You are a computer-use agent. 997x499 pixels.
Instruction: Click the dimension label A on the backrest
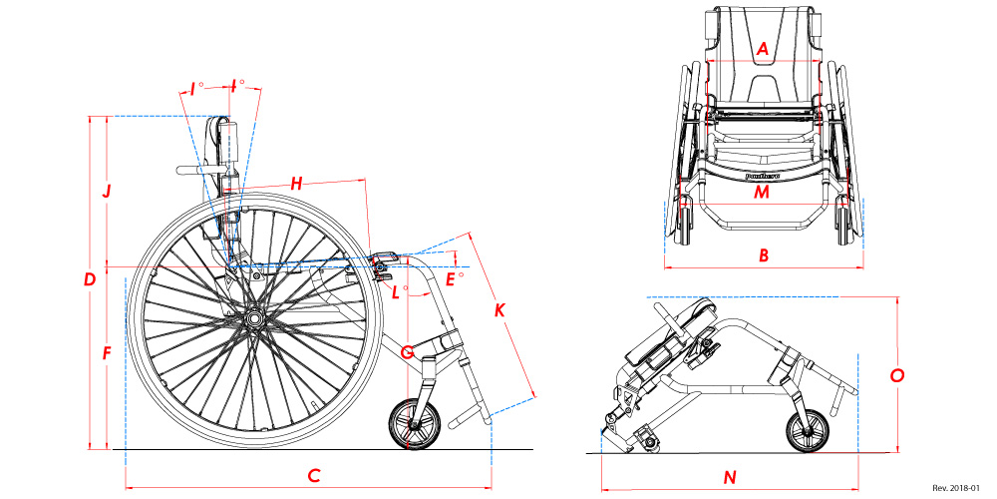763,48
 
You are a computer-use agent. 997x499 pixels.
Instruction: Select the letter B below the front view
764,255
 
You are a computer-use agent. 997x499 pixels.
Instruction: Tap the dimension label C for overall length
313,476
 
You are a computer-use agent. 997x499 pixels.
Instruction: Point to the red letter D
90,280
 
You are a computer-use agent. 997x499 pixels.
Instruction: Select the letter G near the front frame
407,351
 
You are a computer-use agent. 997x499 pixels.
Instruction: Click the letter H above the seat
296,184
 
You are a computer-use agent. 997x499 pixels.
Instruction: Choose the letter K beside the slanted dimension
499,311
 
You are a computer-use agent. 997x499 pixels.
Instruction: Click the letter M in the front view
762,193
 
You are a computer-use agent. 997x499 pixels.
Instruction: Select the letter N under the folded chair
730,477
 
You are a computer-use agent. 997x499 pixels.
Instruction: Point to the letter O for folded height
896,375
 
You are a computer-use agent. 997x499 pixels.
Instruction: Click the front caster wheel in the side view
415,424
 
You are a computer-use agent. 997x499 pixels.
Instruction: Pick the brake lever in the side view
386,260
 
